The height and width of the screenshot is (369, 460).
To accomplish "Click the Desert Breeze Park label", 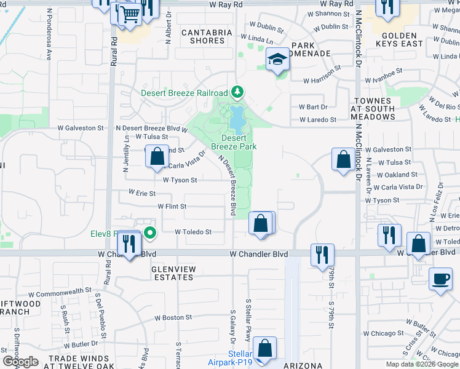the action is click(234, 143).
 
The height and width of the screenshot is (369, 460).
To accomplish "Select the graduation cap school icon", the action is click(277, 60).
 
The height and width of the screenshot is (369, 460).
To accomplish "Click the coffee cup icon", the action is click(440, 278).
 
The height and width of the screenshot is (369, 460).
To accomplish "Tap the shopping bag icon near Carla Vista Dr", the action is click(157, 156).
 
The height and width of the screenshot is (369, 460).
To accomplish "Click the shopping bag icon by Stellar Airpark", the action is click(264, 348).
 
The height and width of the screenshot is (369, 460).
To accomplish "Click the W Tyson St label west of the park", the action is click(180, 180).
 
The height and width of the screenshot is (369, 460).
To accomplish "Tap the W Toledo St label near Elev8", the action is click(193, 232).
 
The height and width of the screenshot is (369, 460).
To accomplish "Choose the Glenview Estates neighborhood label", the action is click(173, 273).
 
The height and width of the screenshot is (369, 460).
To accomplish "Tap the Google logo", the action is click(20, 362).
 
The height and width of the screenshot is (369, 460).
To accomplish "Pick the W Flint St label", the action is click(172, 207).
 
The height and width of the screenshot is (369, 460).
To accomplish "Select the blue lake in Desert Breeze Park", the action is click(236, 119).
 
